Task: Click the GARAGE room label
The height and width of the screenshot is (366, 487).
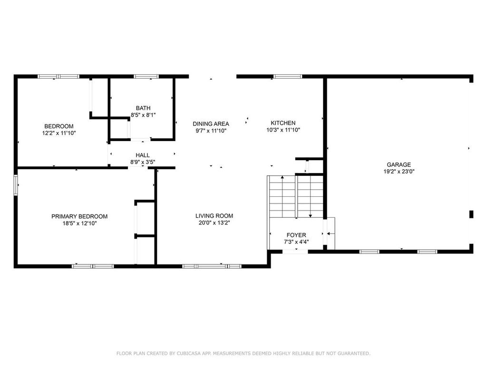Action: (398, 165)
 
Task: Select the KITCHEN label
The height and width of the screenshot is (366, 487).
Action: (283, 123)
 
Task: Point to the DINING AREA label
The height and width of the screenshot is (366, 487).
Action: (211, 124)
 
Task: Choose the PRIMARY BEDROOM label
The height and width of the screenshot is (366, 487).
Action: (79, 216)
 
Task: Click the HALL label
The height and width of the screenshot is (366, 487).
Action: (143, 155)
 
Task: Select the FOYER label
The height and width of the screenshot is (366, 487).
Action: (296, 235)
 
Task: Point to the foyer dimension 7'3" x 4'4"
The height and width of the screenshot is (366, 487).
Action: (296, 242)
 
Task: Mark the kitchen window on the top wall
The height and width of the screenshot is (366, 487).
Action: (288, 76)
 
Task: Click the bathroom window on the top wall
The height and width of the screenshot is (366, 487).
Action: (146, 76)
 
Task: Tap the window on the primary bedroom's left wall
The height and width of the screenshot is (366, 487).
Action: (16, 185)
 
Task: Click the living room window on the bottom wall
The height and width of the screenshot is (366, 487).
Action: (212, 266)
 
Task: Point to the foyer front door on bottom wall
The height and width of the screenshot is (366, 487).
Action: (295, 251)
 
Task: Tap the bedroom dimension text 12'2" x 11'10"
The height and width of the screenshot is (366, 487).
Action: (59, 133)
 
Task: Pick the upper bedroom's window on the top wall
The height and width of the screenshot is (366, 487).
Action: (58, 76)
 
